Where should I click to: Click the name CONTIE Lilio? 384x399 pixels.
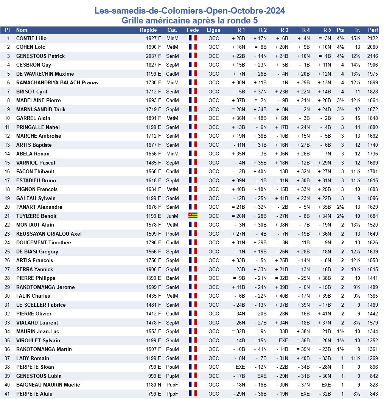click(31, 38)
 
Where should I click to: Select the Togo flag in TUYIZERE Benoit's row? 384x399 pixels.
click(193, 216)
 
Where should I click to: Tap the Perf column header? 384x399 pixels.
click(373, 30)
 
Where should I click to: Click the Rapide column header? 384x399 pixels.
click(148, 30)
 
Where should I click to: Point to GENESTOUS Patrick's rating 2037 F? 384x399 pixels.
click(153, 56)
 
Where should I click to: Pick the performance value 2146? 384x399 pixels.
click(372, 56)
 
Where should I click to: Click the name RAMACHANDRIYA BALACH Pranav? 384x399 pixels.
click(58, 82)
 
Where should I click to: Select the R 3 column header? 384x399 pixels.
click(284, 30)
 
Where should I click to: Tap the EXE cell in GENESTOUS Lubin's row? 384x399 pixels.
click(262, 376)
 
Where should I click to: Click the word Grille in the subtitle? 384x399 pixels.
click(135, 20)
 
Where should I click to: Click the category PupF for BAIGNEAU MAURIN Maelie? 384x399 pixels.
click(172, 385)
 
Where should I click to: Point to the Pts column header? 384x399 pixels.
click(340, 30)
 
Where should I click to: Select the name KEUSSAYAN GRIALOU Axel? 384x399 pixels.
click(49, 234)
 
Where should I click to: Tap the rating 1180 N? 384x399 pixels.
click(153, 385)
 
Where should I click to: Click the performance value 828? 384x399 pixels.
click(374, 385)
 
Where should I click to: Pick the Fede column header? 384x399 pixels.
click(193, 30)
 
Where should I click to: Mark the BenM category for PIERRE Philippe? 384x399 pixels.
click(172, 278)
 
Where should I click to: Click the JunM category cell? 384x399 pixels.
click(172, 216)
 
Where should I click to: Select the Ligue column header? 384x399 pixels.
click(213, 30)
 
